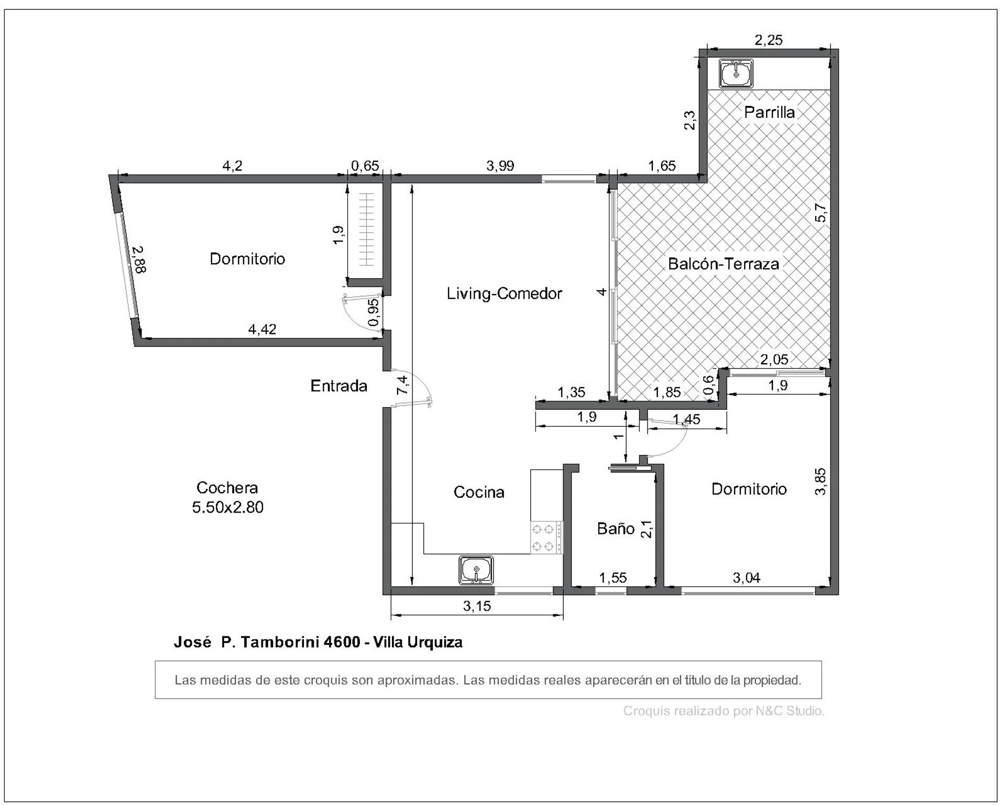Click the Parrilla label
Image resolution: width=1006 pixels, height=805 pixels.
[769, 112]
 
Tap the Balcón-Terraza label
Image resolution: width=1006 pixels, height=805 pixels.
[724, 264]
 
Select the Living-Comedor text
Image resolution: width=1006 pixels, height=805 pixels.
[504, 293]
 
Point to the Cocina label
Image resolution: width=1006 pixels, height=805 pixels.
[479, 492]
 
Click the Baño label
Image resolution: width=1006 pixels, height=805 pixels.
[616, 528]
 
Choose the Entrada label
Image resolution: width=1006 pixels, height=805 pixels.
[339, 386]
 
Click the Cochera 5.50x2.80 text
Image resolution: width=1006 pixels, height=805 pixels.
[227, 497]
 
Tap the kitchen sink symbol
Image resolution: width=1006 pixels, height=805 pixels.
[476, 570]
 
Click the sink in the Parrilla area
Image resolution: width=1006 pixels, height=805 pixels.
[736, 73]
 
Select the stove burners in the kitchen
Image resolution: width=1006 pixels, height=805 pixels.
[543, 538]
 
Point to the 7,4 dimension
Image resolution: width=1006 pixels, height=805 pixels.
[402, 385]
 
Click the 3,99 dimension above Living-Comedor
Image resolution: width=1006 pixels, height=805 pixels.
[500, 166]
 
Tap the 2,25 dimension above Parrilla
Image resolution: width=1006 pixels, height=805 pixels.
[769, 40]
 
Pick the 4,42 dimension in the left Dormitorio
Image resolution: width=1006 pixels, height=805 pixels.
[262, 329]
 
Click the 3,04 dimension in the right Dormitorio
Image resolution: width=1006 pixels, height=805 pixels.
[746, 578]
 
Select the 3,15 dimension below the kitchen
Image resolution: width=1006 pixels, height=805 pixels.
[477, 606]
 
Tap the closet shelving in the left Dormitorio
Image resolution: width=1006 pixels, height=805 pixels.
[367, 230]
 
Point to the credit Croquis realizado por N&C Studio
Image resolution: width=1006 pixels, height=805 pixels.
[724, 711]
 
